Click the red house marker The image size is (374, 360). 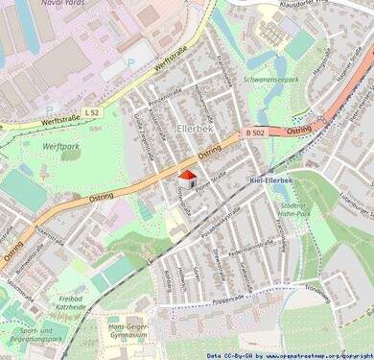pyautogui.click(x=188, y=179)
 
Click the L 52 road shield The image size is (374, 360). pyautogui.click(x=91, y=113)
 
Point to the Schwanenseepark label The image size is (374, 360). pyautogui.click(x=272, y=80)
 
